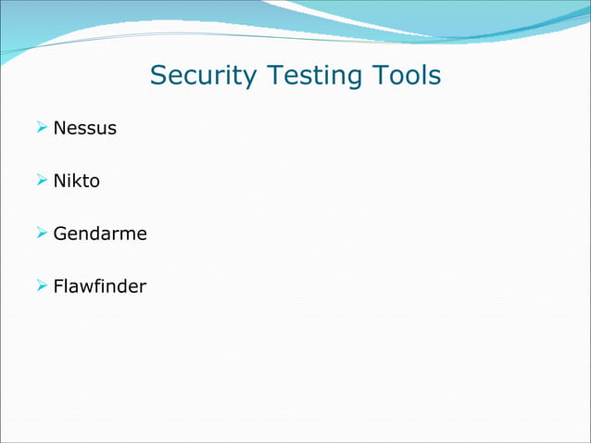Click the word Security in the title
tap(203, 75)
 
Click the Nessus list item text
tap(84, 128)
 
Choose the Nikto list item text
tap(76, 181)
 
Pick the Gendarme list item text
tap(100, 234)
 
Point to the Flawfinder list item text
tap(99, 286)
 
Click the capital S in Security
tap(159, 75)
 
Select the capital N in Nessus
tap(59, 128)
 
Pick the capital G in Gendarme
tap(60, 234)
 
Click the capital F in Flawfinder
tap(58, 286)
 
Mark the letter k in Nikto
tap(78, 181)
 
